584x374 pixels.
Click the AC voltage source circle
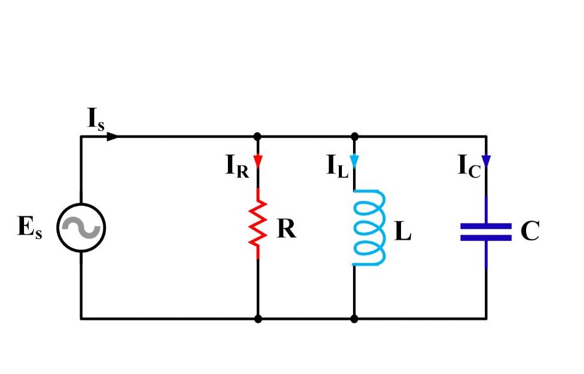tap(81, 228)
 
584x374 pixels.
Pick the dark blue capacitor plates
tap(486, 232)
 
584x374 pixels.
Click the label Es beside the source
tap(30, 229)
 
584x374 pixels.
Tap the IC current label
tap(469, 167)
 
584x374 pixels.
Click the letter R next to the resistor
tap(286, 229)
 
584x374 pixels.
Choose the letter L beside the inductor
tap(402, 232)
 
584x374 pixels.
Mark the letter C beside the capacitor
tap(530, 232)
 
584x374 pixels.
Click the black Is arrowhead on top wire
tap(113, 136)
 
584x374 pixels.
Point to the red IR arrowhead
tap(258, 161)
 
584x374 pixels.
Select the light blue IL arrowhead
tap(354, 161)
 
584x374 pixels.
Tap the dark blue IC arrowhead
tap(486, 161)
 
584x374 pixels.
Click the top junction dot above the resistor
tap(258, 136)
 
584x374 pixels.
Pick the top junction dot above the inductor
tap(354, 136)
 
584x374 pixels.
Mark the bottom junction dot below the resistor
tap(258, 319)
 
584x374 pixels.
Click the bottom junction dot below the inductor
tap(354, 319)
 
